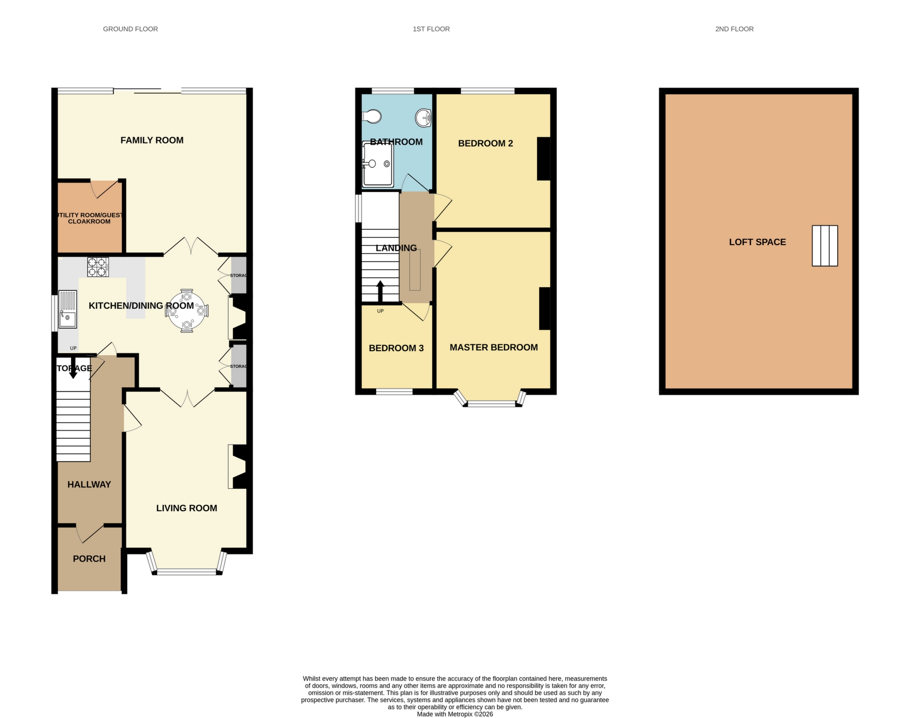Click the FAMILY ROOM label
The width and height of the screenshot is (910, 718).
coord(152,140)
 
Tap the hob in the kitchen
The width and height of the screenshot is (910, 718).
coord(98,267)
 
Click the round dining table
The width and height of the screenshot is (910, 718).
coord(187,311)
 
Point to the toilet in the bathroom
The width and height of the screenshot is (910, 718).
coord(372,117)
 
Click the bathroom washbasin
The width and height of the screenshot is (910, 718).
coord(423,118)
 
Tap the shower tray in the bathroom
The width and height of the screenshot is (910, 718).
coord(378,164)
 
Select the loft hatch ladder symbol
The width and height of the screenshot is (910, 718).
coord(825,245)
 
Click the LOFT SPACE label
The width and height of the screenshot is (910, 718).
coord(757,242)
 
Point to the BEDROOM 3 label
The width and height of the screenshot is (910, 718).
coord(396,348)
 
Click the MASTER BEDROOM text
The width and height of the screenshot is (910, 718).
coord(493,348)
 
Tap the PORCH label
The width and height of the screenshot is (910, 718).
coord(89,559)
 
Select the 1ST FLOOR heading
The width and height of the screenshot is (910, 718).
coord(431,29)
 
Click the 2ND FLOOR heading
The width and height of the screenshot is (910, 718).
coord(734,29)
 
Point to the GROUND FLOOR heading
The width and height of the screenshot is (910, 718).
coord(130,29)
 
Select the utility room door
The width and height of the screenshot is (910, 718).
coord(105,189)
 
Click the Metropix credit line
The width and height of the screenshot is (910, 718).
coord(455,714)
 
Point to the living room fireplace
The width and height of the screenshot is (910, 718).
coord(238,466)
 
